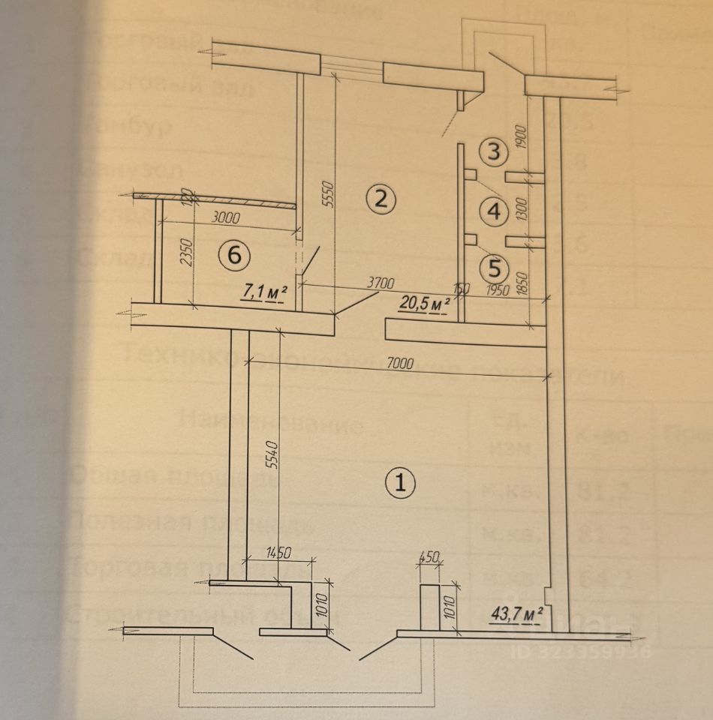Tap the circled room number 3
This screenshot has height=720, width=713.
[x=493, y=152]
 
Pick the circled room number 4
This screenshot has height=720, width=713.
[x=493, y=211]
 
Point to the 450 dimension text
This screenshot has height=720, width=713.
[x=430, y=557]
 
